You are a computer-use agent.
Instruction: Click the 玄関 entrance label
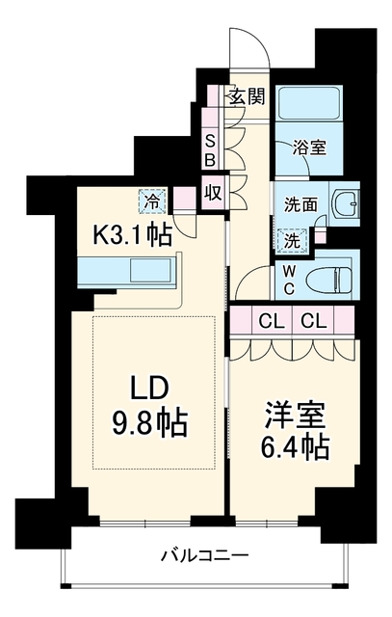pos(248,96)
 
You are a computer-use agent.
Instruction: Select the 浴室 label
pos(310,148)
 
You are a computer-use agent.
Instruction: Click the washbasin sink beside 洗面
pos(346,204)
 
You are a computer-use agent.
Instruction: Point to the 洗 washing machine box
pos(293,241)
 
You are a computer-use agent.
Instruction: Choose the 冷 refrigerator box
pos(152,201)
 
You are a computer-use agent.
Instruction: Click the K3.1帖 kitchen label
pos(132,236)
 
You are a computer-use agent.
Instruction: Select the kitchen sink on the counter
pos(151,270)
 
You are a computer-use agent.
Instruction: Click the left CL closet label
pos(272,322)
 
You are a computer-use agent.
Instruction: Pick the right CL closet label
pos(314,322)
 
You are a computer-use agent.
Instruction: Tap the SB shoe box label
pos(211,150)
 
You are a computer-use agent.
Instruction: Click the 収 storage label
pos(213,194)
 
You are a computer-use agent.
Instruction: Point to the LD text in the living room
pos(150,389)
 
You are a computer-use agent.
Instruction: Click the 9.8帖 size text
pos(149,424)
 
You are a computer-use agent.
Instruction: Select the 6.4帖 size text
pos(296,447)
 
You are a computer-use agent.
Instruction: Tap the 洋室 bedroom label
pos(296,416)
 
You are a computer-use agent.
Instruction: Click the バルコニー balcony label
pos(205,556)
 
